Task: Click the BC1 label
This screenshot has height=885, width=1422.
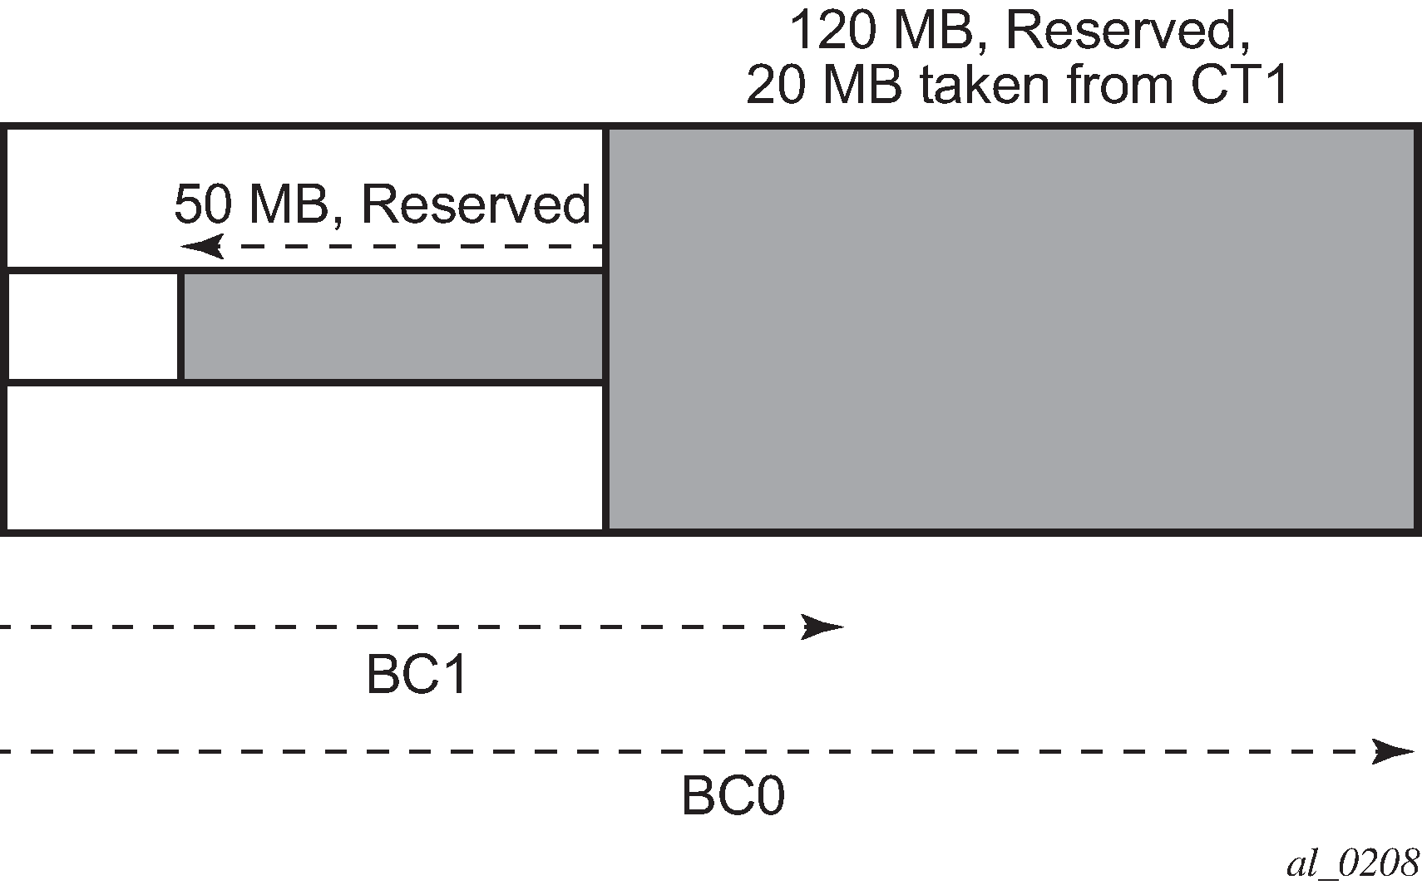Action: (x=417, y=675)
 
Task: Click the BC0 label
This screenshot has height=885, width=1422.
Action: (x=733, y=795)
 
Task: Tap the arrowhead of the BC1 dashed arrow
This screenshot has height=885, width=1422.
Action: (x=822, y=627)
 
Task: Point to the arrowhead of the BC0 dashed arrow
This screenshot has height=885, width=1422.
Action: (x=1394, y=752)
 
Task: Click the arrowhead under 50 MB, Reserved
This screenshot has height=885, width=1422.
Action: (x=203, y=246)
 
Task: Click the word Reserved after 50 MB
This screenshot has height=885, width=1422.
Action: (x=476, y=204)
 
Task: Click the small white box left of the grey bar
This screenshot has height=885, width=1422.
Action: (x=92, y=326)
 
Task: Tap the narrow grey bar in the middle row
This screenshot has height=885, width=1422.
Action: (x=393, y=326)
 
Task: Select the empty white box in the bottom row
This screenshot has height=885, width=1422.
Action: (x=304, y=457)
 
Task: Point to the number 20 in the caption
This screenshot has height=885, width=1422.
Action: (x=776, y=85)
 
